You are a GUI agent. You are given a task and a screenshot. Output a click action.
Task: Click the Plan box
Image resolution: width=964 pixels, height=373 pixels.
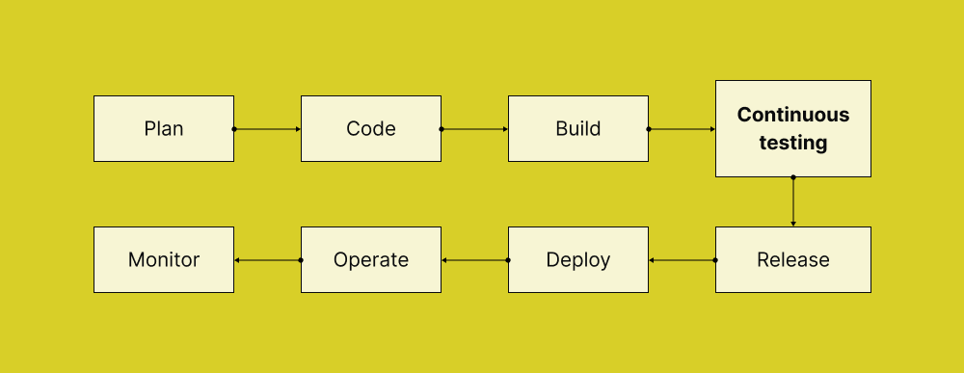164,128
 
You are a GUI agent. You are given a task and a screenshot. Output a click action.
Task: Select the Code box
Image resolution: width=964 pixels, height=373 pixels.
371,128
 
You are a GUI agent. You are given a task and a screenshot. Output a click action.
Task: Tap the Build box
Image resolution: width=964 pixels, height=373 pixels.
578,128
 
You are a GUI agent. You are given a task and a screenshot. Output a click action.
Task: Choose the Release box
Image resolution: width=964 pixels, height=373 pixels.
793,260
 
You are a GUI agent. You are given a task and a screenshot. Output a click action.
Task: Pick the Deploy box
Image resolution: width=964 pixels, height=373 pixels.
578,260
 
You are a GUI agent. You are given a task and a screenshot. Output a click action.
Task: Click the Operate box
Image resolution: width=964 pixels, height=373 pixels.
371,260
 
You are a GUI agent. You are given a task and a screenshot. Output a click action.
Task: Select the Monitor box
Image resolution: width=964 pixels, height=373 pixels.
164,260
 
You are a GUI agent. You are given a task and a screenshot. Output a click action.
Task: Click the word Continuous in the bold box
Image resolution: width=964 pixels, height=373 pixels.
793,115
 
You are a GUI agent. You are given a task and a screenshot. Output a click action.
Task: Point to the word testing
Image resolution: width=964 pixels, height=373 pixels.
793,143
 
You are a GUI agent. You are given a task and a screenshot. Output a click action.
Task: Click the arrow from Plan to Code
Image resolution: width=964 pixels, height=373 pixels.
268,128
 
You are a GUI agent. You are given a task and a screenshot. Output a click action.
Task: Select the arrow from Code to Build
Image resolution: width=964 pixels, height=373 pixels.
475,128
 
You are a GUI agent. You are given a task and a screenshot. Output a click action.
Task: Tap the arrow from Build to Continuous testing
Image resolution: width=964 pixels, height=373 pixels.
683,128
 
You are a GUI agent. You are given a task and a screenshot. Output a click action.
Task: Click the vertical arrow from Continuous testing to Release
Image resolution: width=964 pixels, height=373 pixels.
793,202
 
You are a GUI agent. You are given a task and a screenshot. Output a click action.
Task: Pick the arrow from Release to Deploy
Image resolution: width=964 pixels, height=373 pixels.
683,260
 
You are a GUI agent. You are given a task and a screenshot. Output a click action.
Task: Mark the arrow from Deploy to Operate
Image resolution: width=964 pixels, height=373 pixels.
475,260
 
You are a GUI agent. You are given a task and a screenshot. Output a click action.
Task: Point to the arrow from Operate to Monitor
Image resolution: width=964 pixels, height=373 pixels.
268,260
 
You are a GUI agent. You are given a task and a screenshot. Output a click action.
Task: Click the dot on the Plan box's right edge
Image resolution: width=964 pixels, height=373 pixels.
234,128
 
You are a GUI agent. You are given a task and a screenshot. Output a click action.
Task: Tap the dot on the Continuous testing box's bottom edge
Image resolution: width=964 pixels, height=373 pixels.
793,177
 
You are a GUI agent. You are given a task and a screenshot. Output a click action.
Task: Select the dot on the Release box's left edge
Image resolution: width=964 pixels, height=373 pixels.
715,260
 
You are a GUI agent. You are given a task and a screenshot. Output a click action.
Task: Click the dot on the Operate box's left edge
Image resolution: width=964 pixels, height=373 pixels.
301,260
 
